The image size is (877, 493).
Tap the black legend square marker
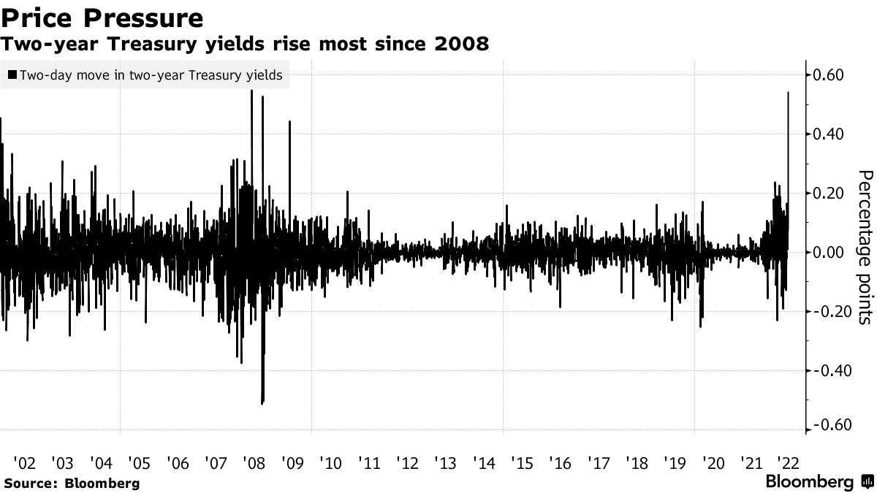coord(12,74)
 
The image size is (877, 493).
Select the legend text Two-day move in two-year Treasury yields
coord(151,74)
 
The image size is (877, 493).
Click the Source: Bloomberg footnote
coord(71,483)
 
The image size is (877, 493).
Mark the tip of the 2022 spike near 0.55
coord(788,93)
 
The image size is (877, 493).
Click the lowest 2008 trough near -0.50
coord(262,402)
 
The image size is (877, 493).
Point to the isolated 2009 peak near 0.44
coord(289,122)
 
